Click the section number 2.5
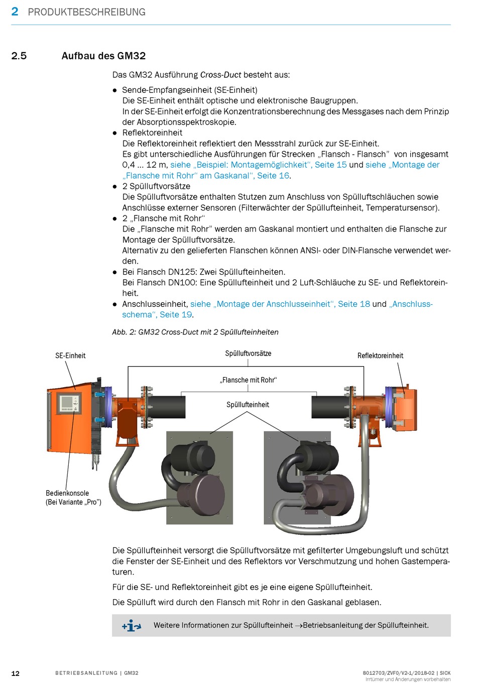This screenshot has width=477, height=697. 19,56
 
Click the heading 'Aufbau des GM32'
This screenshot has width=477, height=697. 103,56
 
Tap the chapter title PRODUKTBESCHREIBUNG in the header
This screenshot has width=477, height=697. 86,12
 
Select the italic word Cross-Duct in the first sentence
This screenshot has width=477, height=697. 220,75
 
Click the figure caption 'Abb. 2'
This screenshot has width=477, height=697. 195,332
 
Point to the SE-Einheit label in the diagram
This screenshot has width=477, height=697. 70,356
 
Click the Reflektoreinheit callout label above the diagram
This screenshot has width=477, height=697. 380,356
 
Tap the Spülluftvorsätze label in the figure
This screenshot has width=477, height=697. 248,354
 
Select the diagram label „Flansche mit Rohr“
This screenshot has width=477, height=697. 248,380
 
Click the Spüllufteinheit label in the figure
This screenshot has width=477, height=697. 248,405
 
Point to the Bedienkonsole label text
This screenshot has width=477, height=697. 67,493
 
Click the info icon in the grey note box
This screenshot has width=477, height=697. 131,626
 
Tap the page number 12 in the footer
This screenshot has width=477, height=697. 16,673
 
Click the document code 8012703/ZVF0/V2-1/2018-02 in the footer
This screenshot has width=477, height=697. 398,673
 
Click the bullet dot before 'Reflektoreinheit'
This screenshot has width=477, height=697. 114,133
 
